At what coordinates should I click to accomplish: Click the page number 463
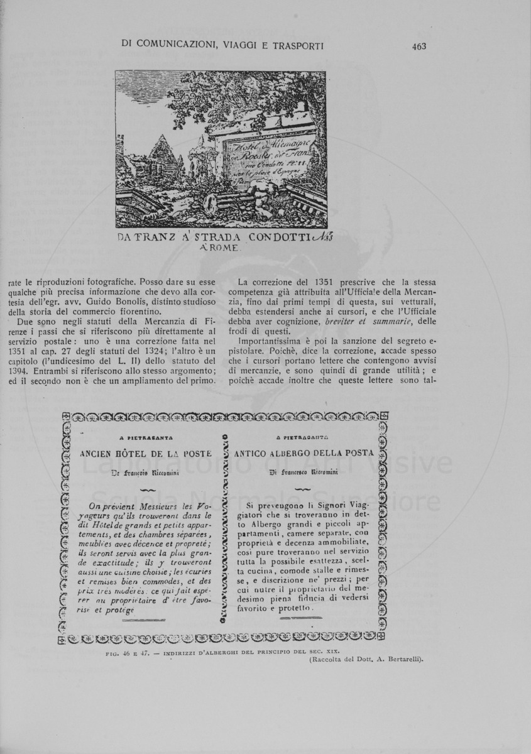pyautogui.click(x=419, y=45)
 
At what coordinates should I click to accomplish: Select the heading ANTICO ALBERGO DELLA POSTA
pyautogui.click(x=304, y=452)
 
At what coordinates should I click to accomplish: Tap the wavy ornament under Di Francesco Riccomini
pyautogui.click(x=302, y=489)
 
